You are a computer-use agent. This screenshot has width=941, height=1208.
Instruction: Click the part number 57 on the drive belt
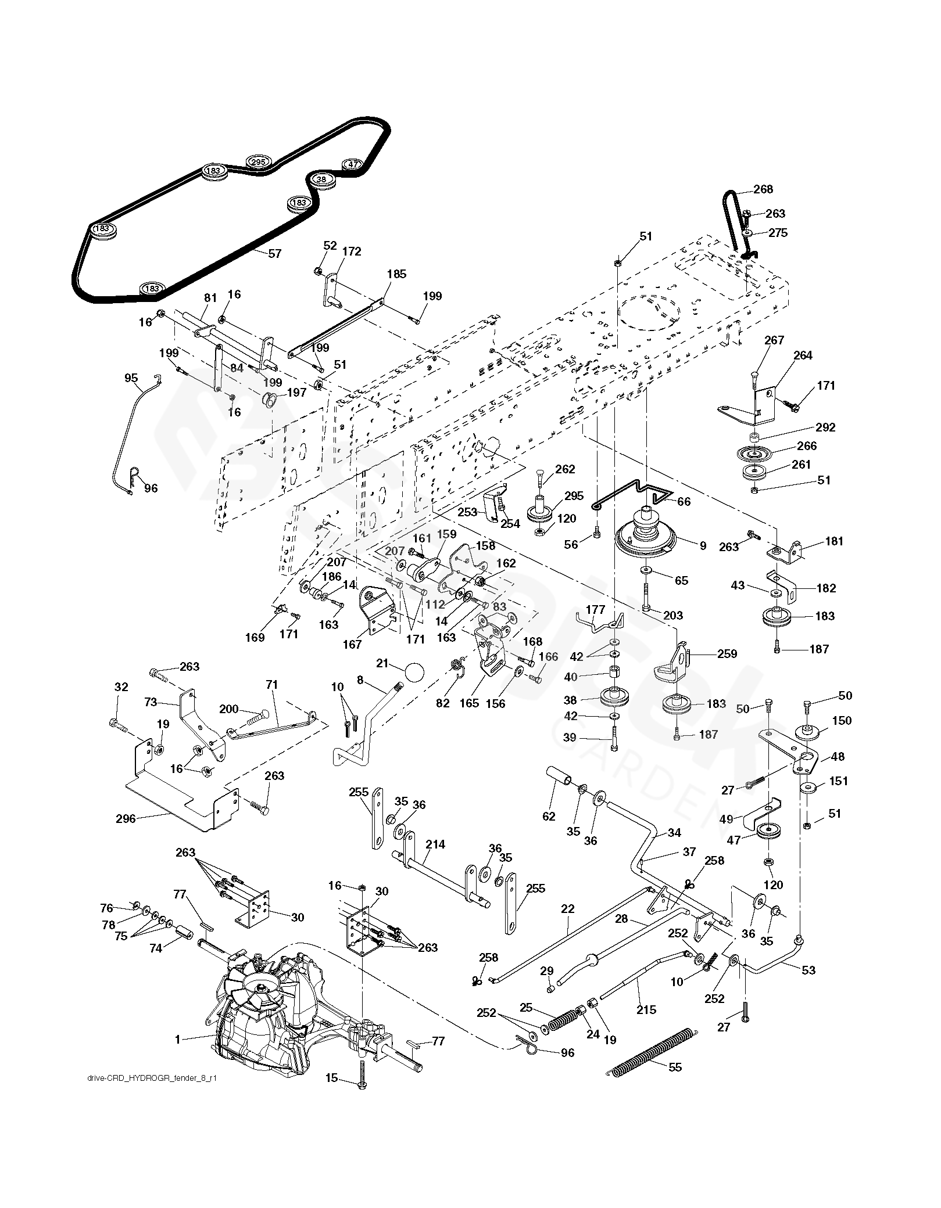(274, 254)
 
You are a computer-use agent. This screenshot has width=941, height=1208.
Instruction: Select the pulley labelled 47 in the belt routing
(352, 164)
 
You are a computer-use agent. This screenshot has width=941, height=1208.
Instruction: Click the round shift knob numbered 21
(413, 673)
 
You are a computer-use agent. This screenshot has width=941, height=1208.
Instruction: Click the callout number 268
(763, 189)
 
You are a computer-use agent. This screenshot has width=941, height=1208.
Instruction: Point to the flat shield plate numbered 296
(125, 819)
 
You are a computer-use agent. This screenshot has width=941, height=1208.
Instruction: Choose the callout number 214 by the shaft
(435, 844)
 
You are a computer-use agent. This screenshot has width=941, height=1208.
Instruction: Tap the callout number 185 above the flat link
(397, 274)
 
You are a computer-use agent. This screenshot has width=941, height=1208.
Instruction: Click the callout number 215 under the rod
(646, 1009)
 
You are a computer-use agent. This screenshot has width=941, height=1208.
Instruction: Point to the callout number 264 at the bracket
(803, 355)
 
